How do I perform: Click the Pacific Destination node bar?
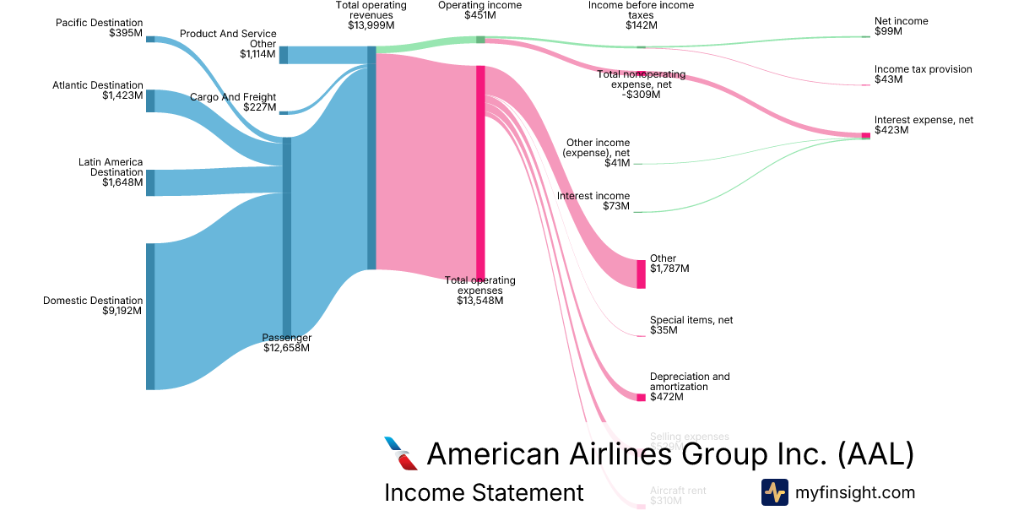[150, 39]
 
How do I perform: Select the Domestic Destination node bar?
[150, 317]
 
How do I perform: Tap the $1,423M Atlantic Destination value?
[121, 96]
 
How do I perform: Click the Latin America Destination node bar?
[150, 182]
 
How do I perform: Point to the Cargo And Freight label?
[232, 97]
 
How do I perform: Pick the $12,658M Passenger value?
[286, 348]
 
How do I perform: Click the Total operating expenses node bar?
[480, 169]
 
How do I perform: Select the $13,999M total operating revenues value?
[371, 26]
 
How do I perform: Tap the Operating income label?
[479, 5]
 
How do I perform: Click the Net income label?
[901, 21]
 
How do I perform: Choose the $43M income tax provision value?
[888, 79]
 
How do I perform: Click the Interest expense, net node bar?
[865, 135]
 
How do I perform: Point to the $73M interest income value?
[617, 206]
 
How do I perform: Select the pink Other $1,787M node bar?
[641, 274]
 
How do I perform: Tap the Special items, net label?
[690, 320]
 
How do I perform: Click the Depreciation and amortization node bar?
[641, 398]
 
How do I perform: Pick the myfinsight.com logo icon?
[774, 492]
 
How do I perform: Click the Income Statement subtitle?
[484, 492]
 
